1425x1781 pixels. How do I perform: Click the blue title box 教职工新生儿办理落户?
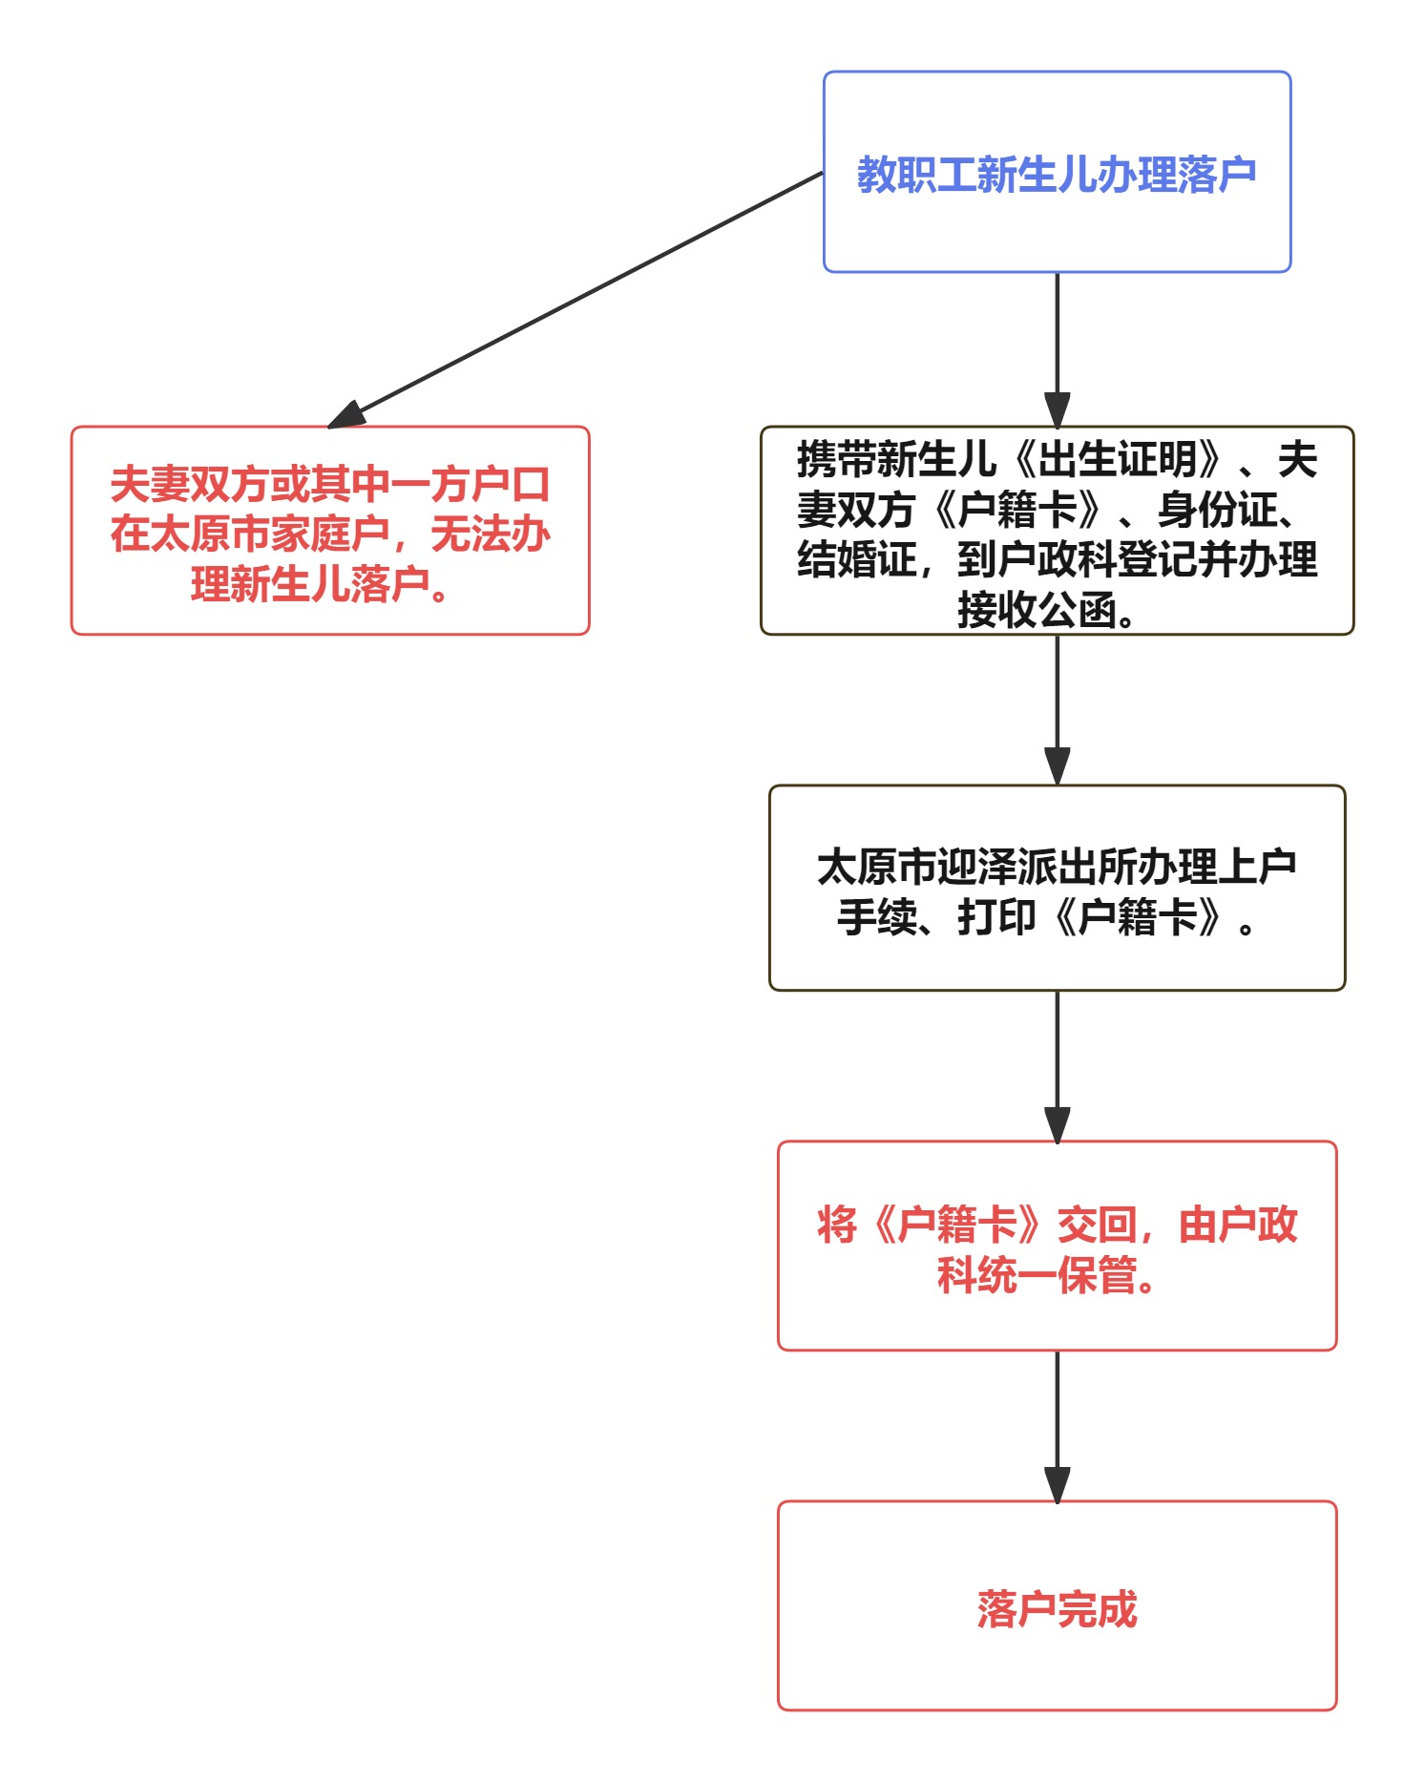1057,173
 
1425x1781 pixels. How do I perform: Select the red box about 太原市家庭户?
330,532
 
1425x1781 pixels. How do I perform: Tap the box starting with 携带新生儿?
1057,532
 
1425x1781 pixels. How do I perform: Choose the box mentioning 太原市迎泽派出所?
1057,889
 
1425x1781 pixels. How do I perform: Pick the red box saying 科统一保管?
1057,1247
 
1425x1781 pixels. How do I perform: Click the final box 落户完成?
1057,1606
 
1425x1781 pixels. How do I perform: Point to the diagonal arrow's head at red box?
346,417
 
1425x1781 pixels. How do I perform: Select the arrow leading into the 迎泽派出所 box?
1057,710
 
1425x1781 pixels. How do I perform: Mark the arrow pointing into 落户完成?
1057,1427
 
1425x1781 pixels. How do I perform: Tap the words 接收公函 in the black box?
1036,610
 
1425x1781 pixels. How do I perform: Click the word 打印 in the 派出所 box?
996,917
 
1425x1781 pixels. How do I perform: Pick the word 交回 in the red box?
1097,1226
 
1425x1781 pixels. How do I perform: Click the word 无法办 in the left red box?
490,534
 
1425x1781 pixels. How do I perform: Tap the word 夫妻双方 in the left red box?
189,485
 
